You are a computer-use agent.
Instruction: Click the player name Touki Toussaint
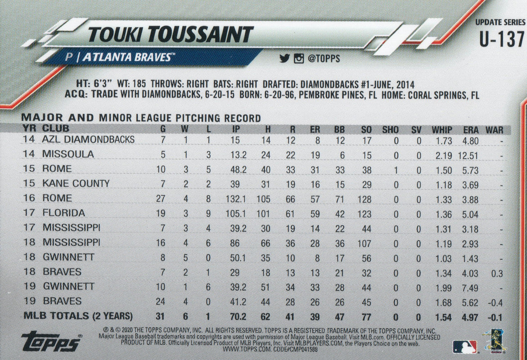(171, 35)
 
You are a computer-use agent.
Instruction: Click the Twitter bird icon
(284, 58)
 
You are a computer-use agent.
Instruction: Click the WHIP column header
(441, 130)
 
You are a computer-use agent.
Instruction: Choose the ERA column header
(470, 130)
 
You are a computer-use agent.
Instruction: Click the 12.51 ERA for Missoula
(468, 154)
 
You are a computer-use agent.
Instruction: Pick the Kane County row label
(76, 183)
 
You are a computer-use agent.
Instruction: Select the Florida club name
(63, 212)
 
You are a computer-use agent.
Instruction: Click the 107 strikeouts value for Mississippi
(365, 242)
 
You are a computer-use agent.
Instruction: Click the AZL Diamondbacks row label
(88, 139)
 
